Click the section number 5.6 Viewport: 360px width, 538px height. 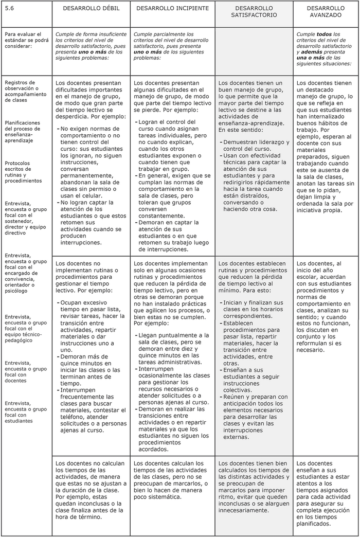pyautogui.click(x=9, y=8)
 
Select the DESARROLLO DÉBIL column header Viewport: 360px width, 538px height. pyautogui.click(x=91, y=9)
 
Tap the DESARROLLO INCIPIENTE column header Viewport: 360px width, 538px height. pyautogui.click(x=172, y=9)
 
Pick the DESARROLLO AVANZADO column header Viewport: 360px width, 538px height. pyautogui.click(x=326, y=12)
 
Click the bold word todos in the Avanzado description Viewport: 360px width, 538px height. pyautogui.click(x=325, y=34)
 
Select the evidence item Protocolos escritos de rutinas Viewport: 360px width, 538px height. pyautogui.click(x=23, y=172)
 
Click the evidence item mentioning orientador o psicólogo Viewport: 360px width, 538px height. pyautogui.click(x=23, y=272)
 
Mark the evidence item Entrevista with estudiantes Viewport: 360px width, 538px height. pyautogui.click(x=23, y=411)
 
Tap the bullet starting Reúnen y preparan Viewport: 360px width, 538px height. pyautogui.click(x=254, y=417)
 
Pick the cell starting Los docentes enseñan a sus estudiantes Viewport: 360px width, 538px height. pyautogui.click(x=325, y=492)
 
